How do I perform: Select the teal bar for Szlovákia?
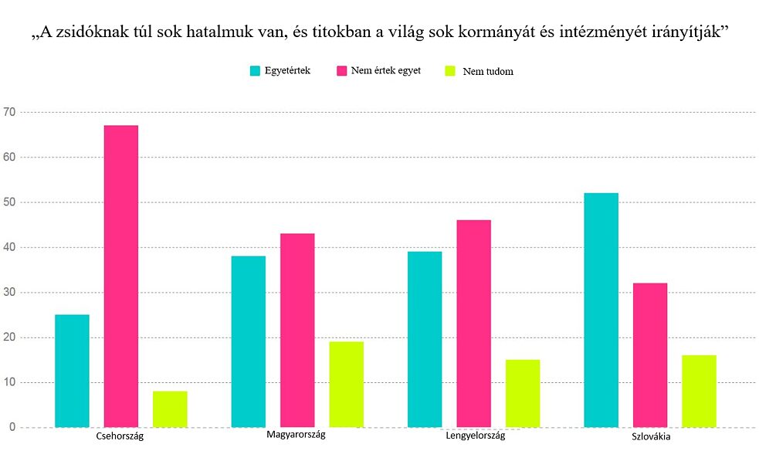tap(601, 310)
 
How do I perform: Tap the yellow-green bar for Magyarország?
tap(346, 384)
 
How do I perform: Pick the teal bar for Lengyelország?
tap(425, 339)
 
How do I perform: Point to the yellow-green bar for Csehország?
tap(170, 409)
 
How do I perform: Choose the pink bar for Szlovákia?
tap(650, 354)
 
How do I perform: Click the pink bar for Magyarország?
tap(297, 330)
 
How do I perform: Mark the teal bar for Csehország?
tap(72, 371)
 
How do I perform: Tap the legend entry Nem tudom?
tap(487, 71)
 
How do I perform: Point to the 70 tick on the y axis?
tap(9, 112)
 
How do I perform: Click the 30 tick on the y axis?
tap(9, 293)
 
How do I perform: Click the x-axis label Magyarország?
tap(296, 435)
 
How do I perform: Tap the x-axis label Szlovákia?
tap(650, 436)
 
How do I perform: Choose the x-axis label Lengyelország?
tap(476, 436)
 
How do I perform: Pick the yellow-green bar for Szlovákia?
tap(699, 391)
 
